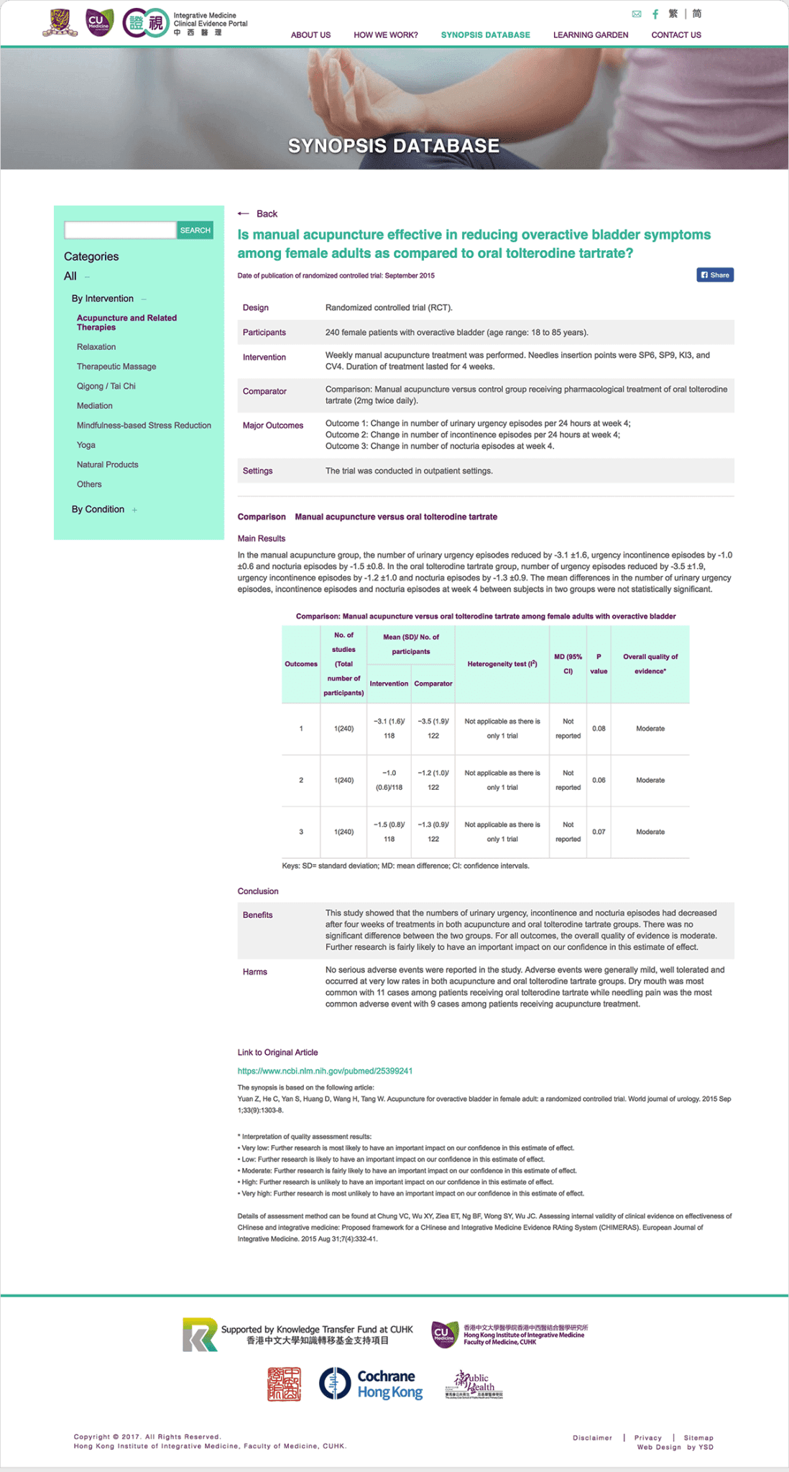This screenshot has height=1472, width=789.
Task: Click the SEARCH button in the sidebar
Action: pos(195,230)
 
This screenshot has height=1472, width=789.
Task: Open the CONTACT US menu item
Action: pos(675,34)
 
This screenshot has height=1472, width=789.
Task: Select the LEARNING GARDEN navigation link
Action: pos(590,34)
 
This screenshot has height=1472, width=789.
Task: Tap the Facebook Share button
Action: pos(715,275)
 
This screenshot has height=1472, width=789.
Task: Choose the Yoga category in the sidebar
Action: pos(86,445)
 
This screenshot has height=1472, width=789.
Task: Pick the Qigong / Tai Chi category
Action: pos(106,386)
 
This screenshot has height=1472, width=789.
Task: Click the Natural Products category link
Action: pos(108,464)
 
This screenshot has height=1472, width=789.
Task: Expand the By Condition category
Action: pos(98,509)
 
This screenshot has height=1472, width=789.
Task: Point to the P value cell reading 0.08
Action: pos(599,729)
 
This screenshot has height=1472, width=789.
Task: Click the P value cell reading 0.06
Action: pos(599,781)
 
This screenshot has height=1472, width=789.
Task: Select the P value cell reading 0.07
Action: pos(599,832)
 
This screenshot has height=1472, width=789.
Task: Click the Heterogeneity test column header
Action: pos(502,664)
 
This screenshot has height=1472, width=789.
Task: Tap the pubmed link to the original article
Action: pos(325,1071)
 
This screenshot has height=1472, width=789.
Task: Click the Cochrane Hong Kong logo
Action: pos(371,1384)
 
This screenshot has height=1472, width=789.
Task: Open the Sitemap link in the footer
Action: pos(698,1437)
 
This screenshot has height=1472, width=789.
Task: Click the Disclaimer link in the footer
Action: pos(592,1437)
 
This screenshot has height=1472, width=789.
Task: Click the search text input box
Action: pos(120,230)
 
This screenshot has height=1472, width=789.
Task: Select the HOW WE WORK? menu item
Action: pos(385,34)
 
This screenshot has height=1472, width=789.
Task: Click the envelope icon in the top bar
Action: pos(636,14)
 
